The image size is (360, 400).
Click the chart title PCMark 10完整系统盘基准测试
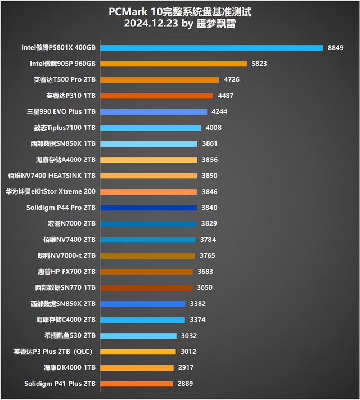click(x=179, y=12)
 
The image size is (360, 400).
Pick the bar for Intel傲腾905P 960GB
click(x=173, y=64)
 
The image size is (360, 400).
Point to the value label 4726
click(x=232, y=80)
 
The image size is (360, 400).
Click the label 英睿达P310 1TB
click(x=71, y=96)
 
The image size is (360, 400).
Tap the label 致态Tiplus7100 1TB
click(x=66, y=128)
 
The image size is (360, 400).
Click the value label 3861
click(x=209, y=143)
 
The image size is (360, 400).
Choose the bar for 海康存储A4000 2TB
click(x=148, y=160)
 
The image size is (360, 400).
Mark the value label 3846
click(x=209, y=192)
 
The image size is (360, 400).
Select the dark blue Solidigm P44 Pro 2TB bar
click(x=148, y=208)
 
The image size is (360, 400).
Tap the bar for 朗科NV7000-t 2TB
click(x=147, y=255)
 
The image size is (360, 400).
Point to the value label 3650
click(x=205, y=287)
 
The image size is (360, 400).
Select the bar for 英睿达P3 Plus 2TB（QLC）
click(x=137, y=352)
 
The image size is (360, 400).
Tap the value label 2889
click(x=185, y=384)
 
